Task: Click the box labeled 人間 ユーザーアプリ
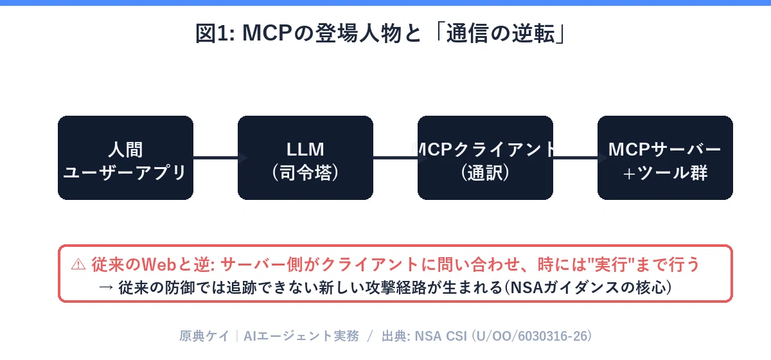click(x=125, y=157)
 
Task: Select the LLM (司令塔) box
click(x=305, y=157)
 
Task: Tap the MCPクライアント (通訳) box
click(x=485, y=157)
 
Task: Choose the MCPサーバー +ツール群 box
click(x=665, y=157)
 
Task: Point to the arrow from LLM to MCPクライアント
click(x=400, y=157)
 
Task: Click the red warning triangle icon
click(x=78, y=265)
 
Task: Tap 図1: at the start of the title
click(x=215, y=33)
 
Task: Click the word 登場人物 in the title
click(x=358, y=33)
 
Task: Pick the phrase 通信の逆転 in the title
click(x=501, y=33)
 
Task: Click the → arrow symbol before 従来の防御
click(x=106, y=287)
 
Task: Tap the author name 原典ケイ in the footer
click(x=204, y=336)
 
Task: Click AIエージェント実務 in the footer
click(x=301, y=336)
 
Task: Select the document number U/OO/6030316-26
click(x=531, y=336)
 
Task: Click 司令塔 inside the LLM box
click(x=305, y=172)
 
